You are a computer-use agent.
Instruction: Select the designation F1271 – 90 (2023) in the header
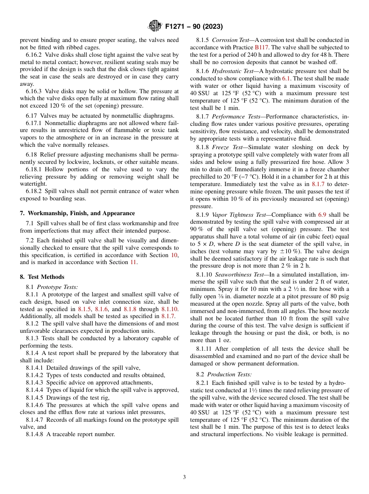click(194, 27)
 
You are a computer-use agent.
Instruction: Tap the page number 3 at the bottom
click(184, 477)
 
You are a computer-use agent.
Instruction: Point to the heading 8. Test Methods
click(42, 277)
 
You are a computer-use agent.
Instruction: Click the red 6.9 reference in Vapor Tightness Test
click(322, 215)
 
